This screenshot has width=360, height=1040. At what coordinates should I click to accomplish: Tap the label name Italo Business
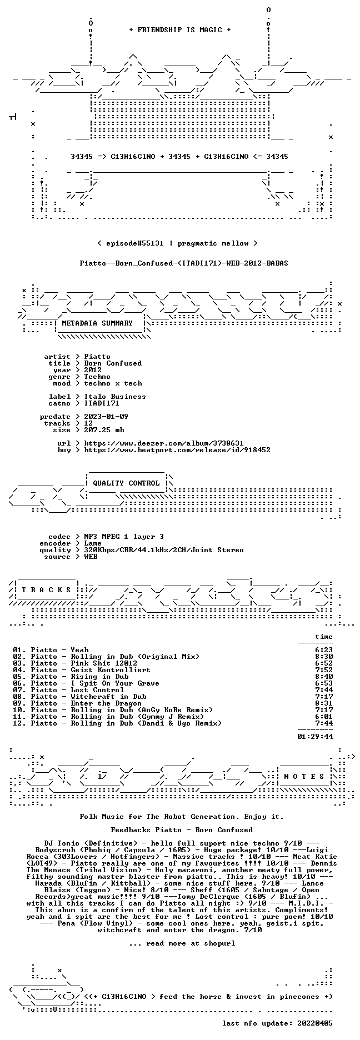click(x=115, y=397)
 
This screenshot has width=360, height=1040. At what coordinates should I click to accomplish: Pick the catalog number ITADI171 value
click(x=102, y=403)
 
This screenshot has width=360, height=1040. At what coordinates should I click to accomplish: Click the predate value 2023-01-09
click(x=106, y=417)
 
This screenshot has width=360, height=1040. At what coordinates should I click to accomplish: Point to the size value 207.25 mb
click(x=104, y=430)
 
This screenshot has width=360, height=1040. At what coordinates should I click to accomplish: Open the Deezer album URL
click(x=164, y=443)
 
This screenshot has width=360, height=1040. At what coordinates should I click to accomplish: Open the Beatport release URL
click(x=177, y=450)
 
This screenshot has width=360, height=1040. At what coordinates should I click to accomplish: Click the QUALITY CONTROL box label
click(x=126, y=483)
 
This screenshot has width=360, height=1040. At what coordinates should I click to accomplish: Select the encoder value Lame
click(x=93, y=543)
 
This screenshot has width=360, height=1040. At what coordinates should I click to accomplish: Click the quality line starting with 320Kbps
click(x=164, y=550)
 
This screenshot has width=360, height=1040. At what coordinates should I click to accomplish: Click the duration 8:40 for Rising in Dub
click(x=324, y=677)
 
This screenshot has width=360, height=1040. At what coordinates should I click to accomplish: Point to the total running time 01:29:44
click(x=315, y=737)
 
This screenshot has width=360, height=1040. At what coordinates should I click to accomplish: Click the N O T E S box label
click(x=304, y=777)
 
